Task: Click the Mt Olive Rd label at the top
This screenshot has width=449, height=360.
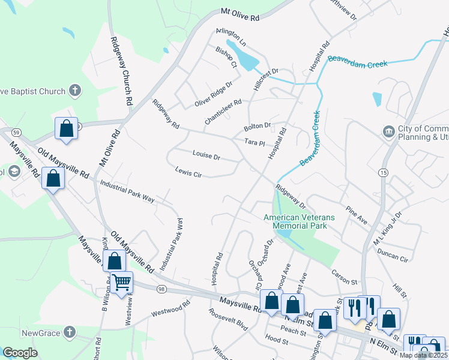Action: click(x=240, y=14)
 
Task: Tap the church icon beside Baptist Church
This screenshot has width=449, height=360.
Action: click(x=75, y=91)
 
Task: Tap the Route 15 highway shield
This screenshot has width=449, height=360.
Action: click(x=382, y=173)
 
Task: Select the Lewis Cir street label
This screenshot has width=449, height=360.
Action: click(x=188, y=171)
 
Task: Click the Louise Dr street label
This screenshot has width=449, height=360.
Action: click(x=206, y=156)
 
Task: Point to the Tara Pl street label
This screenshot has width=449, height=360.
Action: click(x=255, y=143)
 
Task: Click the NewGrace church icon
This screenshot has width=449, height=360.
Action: click(x=70, y=332)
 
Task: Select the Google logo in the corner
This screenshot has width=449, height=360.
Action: click(x=20, y=353)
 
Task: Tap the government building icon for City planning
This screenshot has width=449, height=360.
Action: click(x=388, y=131)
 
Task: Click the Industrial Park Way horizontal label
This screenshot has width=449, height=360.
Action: click(x=127, y=191)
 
